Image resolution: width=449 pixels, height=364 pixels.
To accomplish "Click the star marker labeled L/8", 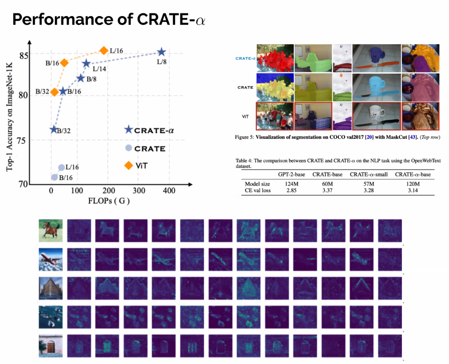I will pyautogui.click(x=161, y=53).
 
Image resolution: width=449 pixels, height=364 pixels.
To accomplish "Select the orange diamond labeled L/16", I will pyautogui.click(x=104, y=51).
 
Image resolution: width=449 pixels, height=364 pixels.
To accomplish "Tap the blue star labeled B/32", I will pyautogui.click(x=54, y=129).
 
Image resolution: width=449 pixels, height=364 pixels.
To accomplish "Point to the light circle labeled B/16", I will pyautogui.click(x=54, y=177).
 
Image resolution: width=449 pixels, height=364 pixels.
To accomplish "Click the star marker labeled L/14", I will pyautogui.click(x=86, y=63).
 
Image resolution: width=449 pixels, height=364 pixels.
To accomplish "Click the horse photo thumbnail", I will pyautogui.click(x=50, y=230).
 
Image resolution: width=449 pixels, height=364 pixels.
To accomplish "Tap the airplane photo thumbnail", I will pyautogui.click(x=50, y=260).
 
